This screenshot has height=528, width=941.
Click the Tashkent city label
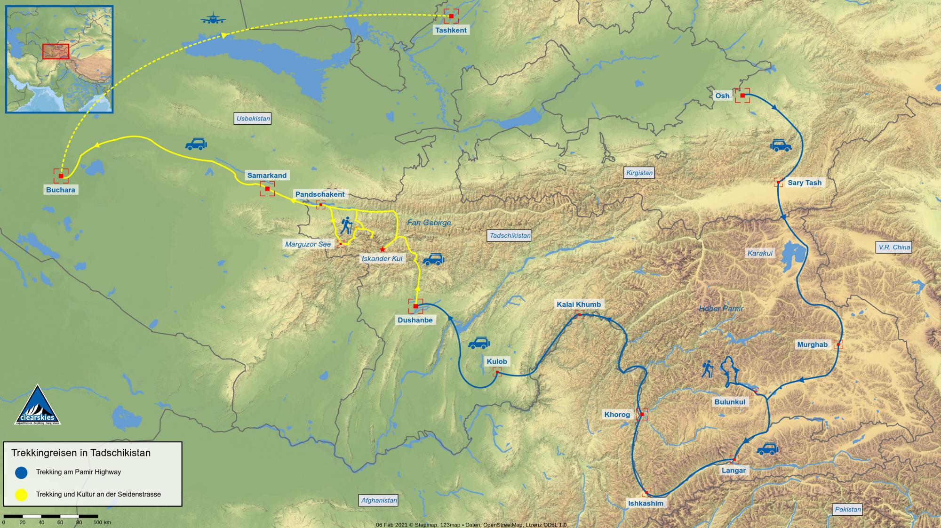click(451, 30)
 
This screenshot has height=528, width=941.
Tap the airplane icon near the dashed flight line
click(213, 20)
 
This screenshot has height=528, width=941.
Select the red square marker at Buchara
click(61, 176)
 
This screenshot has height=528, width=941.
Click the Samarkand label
click(267, 176)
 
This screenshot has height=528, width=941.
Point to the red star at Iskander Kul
click(383, 249)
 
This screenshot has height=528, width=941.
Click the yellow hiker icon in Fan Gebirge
click(346, 225)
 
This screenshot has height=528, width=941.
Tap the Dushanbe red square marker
click(415, 306)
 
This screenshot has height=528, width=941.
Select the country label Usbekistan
click(253, 119)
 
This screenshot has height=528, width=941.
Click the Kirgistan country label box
click(639, 173)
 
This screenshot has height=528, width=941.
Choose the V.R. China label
click(894, 247)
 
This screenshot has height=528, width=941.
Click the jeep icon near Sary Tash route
click(781, 145)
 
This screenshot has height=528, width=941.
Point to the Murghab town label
click(812, 345)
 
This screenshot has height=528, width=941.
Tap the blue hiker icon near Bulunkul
click(707, 369)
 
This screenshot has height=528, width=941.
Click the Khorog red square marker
click(642, 415)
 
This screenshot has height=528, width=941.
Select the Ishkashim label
click(646, 504)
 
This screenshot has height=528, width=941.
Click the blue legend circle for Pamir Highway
click(21, 472)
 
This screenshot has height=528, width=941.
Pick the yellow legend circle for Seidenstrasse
click(21, 495)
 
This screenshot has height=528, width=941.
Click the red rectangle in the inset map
click(56, 51)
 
